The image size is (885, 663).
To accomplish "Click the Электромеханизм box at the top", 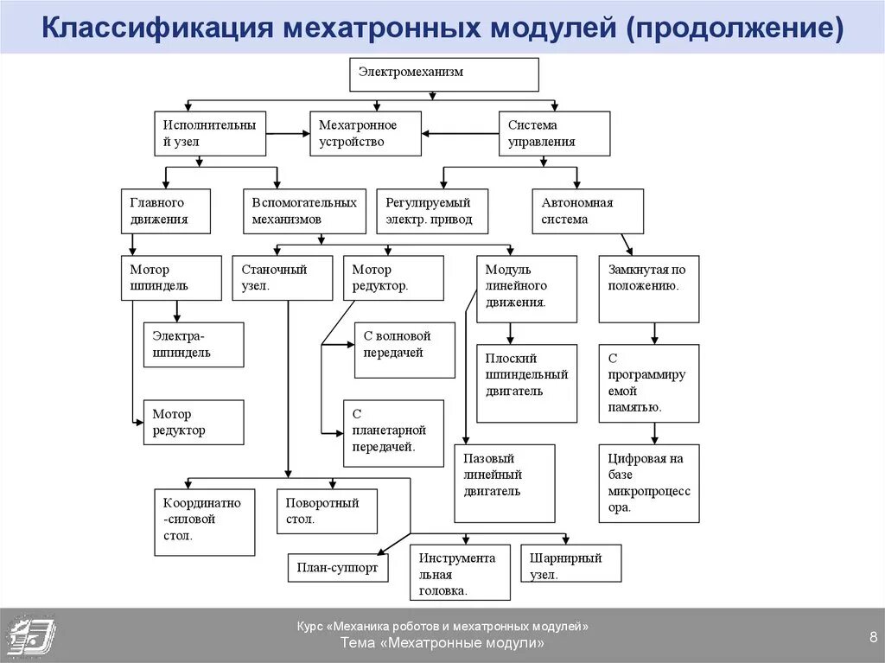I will pyautogui.click(x=444, y=74).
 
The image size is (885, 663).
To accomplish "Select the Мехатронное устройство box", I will pyautogui.click(x=366, y=133).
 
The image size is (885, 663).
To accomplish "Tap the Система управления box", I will pyautogui.click(x=554, y=133).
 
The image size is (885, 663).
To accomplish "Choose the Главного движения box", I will pyautogui.click(x=165, y=211).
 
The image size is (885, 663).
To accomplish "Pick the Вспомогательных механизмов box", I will pyautogui.click(x=304, y=211).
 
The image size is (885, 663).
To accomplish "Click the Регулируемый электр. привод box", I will pyautogui.click(x=432, y=211).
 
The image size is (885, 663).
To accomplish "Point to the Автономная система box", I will pyautogui.click(x=588, y=211).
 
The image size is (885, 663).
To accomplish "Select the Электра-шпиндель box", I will pyautogui.click(x=194, y=344).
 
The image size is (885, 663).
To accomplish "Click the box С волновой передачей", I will pyautogui.click(x=404, y=349).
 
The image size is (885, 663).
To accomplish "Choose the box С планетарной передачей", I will pyautogui.click(x=393, y=433).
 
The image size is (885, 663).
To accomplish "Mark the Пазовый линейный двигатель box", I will pyautogui.click(x=505, y=483).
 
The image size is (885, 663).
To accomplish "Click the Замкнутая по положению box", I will pyautogui.click(x=649, y=289).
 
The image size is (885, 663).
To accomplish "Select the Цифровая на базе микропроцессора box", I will pyautogui.click(x=649, y=483).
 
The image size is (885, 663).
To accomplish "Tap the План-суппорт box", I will pyautogui.click(x=338, y=568).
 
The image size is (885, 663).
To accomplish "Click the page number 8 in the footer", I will pyautogui.click(x=873, y=638).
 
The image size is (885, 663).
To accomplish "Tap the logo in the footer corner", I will pyautogui.click(x=30, y=635).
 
